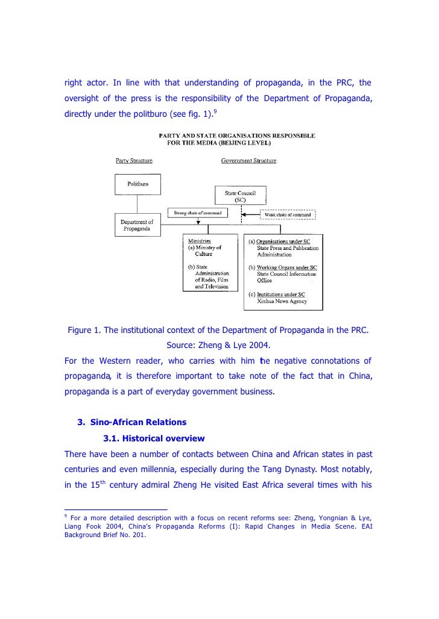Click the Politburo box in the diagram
[135, 184]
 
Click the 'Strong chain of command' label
[197, 213]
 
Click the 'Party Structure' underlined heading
[134, 160]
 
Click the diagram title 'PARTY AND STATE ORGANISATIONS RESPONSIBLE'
[236, 137]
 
